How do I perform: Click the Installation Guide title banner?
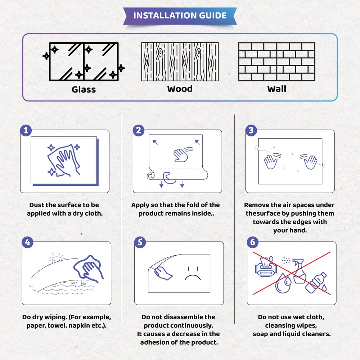tap(180, 16)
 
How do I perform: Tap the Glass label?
tap(84, 89)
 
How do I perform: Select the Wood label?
tap(180, 89)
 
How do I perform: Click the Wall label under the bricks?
tap(276, 89)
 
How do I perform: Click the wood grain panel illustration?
tap(180, 62)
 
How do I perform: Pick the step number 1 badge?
tap(26, 130)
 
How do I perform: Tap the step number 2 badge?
tap(138, 130)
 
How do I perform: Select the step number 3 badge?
tap(251, 130)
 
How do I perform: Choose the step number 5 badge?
tap(139, 242)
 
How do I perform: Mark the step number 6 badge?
tap(252, 242)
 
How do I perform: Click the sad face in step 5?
tap(193, 273)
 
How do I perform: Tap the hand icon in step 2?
tap(181, 154)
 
